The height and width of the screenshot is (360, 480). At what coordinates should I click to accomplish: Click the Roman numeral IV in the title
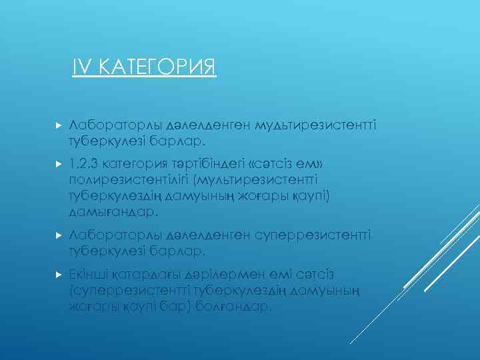(81, 67)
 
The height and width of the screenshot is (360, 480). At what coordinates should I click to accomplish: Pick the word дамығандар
(114, 212)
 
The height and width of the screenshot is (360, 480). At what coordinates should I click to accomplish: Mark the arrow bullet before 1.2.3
(58, 164)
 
